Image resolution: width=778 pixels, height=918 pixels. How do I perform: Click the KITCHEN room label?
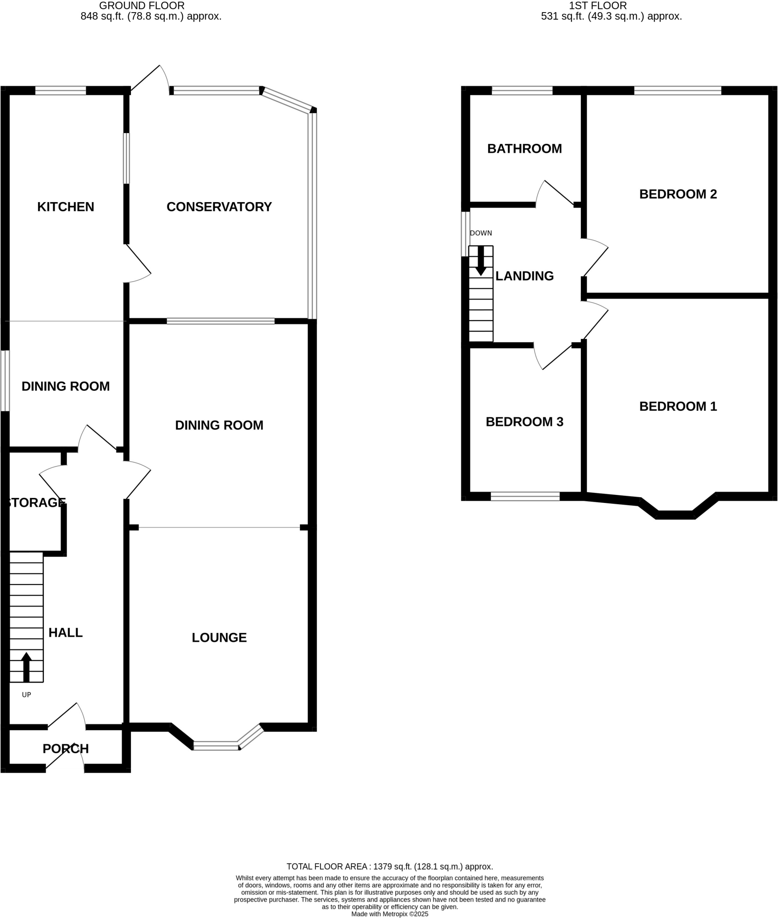pyautogui.click(x=65, y=207)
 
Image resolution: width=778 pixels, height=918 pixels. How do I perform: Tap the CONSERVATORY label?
pyautogui.click(x=219, y=207)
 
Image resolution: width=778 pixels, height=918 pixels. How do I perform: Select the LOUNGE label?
pyautogui.click(x=219, y=637)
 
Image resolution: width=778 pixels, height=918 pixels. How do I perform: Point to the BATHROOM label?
pyautogui.click(x=524, y=149)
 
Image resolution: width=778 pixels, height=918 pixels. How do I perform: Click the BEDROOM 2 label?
pyautogui.click(x=678, y=194)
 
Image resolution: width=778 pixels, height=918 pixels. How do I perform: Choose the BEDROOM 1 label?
pyautogui.click(x=678, y=406)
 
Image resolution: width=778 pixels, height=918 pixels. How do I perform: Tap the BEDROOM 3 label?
pyautogui.click(x=524, y=422)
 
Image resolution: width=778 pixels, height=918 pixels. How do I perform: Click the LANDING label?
pyautogui.click(x=524, y=276)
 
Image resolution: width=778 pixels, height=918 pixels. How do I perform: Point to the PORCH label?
pyautogui.click(x=65, y=749)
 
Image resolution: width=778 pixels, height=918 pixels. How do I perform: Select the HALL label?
pyautogui.click(x=65, y=632)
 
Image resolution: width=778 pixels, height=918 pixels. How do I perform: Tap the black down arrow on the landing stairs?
pyautogui.click(x=480, y=261)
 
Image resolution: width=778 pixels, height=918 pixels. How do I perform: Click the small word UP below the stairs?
pyautogui.click(x=26, y=695)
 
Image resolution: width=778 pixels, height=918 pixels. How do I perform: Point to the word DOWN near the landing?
pyautogui.click(x=480, y=233)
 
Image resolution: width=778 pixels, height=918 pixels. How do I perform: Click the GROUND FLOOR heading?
pyautogui.click(x=142, y=6)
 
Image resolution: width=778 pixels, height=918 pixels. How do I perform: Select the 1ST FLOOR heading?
pyautogui.click(x=597, y=6)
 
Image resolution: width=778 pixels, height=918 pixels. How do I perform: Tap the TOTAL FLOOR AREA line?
pyautogui.click(x=389, y=866)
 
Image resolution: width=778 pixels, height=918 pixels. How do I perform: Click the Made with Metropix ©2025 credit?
pyautogui.click(x=389, y=914)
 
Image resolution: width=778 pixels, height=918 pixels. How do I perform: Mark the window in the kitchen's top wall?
pyautogui.click(x=61, y=91)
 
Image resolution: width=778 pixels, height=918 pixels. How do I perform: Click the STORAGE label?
pyautogui.click(x=36, y=502)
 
